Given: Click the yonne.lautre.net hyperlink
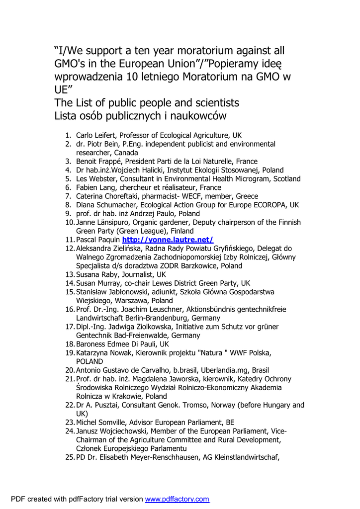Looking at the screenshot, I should [168, 240].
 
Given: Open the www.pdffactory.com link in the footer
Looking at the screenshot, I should [177, 499].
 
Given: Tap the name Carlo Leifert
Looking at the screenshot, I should [96, 135].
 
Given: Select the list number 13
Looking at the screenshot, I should [69, 274].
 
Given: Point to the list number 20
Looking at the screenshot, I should [69, 370].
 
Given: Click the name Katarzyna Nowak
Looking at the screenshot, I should [103, 353].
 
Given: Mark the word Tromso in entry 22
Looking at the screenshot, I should [192, 405].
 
